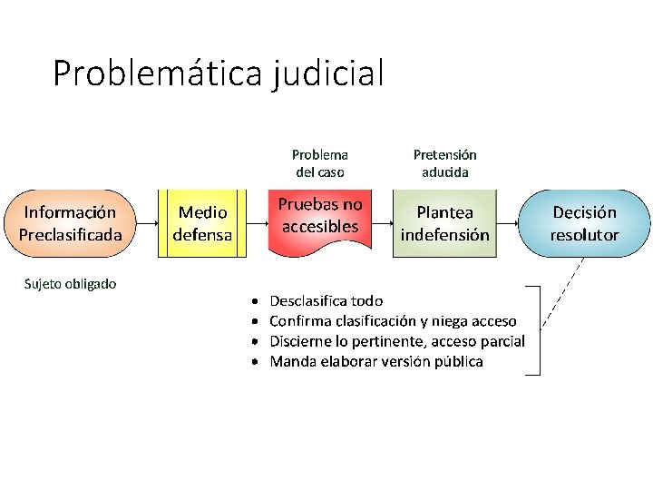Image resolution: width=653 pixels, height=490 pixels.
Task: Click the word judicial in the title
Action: pos(327,73)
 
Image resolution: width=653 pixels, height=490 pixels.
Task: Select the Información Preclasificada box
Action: pos(70,223)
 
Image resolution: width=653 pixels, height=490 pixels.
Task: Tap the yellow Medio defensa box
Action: pos(202,223)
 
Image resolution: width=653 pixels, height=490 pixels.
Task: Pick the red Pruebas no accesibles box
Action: pos(319,218)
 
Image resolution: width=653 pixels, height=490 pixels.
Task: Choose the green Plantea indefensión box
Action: pos(444,223)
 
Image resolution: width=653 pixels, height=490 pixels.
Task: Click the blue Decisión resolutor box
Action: pos(584,223)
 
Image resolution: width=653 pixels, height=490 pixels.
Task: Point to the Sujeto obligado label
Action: pos(70,284)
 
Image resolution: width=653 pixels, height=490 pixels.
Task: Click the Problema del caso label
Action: pos(319,163)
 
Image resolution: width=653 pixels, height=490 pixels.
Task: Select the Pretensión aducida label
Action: pos(444,163)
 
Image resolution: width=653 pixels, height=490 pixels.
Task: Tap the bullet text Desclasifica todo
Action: pos(326,300)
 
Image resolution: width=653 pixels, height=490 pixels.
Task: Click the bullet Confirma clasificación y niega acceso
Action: pos(393,320)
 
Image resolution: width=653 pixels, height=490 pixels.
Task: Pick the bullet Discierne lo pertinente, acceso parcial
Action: pos(397,341)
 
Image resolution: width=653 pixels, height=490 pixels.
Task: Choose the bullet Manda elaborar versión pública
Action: pos(376,361)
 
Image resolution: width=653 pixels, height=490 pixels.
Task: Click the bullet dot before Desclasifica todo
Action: pos(256,300)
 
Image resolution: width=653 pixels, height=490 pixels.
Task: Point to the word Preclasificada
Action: pos(70,234)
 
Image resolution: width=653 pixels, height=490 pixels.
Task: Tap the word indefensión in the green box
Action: pos(444,234)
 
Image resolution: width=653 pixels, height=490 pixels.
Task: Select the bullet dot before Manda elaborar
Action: pos(256,362)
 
